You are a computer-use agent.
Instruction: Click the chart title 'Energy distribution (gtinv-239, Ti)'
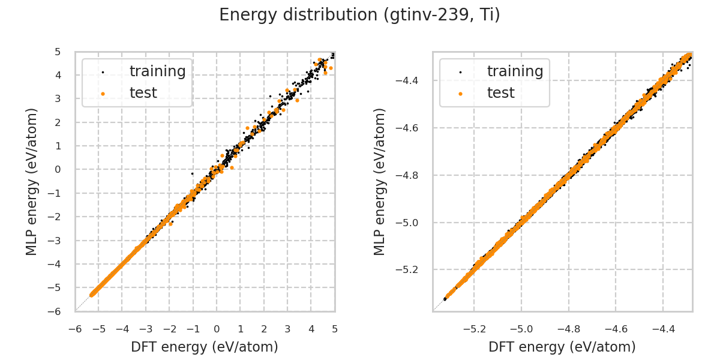pos(359,15)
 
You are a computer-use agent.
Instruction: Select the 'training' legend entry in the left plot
pos(157,71)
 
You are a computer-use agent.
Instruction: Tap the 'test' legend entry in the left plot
pos(143,93)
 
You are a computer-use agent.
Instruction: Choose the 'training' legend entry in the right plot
pos(515,71)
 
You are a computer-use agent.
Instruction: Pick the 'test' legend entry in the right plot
pos(501,93)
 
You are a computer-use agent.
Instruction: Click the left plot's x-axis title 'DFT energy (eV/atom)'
pos(205,347)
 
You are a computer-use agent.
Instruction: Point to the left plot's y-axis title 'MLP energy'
pos(32,181)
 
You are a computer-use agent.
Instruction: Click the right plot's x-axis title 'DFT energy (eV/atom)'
pos(562,347)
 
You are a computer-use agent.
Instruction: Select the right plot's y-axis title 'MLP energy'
pos(380,181)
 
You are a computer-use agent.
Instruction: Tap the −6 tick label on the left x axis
pos(75,329)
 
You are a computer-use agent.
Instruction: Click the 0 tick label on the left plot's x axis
pos(217,329)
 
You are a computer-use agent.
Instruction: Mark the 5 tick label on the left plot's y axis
pos(58,52)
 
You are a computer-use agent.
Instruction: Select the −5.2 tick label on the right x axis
pos(473,329)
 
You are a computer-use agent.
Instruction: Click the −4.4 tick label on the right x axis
pos(662,329)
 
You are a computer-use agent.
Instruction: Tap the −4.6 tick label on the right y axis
pos(408,128)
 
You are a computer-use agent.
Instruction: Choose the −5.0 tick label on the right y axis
pos(408,223)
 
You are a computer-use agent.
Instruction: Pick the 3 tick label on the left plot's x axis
pos(287,329)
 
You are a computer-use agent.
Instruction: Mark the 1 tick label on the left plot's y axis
pos(58,146)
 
